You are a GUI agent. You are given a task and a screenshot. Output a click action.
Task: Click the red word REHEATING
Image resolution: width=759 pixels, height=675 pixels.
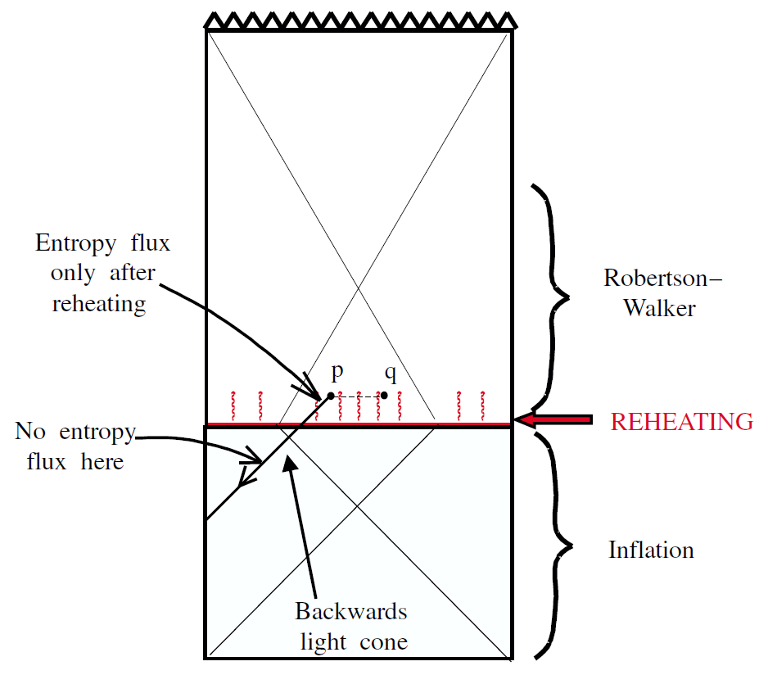tap(682, 422)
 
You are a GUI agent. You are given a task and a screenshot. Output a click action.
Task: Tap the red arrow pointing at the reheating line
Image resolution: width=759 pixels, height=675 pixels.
tap(556, 420)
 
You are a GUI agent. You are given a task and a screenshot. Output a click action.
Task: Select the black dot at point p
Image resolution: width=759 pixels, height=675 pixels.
tap(331, 396)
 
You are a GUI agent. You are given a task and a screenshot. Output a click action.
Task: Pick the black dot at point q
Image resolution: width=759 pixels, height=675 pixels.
tap(384, 396)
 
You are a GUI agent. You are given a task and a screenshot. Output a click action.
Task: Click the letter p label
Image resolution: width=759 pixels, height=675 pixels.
tap(337, 374)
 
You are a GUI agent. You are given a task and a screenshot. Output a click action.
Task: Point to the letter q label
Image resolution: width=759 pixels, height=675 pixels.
tap(391, 375)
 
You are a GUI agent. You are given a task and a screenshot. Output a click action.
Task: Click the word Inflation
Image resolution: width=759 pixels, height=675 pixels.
tap(651, 550)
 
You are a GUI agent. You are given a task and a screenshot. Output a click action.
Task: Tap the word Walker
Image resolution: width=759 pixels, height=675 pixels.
tap(659, 308)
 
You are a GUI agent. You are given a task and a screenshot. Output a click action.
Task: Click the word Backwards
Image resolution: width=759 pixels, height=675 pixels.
tap(351, 611)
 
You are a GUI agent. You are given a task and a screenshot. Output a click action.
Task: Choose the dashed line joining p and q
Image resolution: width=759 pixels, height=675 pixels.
tap(358, 396)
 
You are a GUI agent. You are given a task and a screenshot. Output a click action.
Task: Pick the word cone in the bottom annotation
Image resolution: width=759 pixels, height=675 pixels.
tap(384, 641)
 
